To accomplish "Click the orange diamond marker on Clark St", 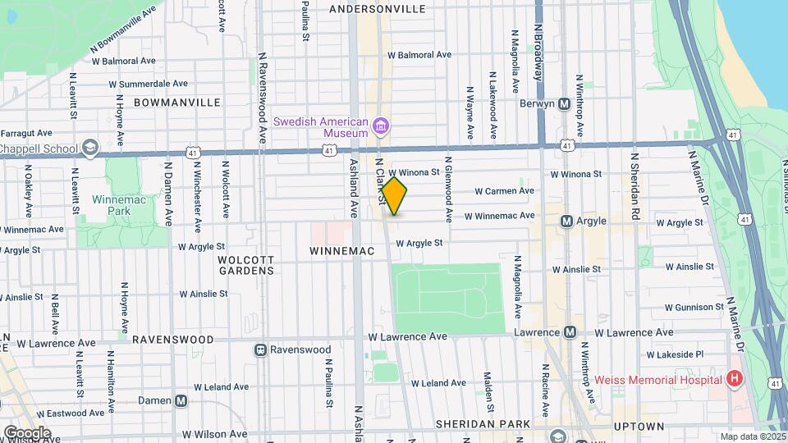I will pos(394,196).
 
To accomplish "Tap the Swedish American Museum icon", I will pos(380,126).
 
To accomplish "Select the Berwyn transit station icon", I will pos(564,104).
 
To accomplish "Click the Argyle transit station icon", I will pos(566,221).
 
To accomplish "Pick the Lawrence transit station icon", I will pos(569,332).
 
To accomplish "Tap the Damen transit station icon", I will pos(181,400).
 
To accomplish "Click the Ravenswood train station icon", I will pos(260,349).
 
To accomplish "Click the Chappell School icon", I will pos(90,148).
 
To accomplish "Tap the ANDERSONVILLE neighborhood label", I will pos(377,9).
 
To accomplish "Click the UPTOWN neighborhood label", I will pos(639,427).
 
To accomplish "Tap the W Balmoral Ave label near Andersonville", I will pos(419,55).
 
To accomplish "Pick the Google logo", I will pos(27,432).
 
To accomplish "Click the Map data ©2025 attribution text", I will pos(753,436).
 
